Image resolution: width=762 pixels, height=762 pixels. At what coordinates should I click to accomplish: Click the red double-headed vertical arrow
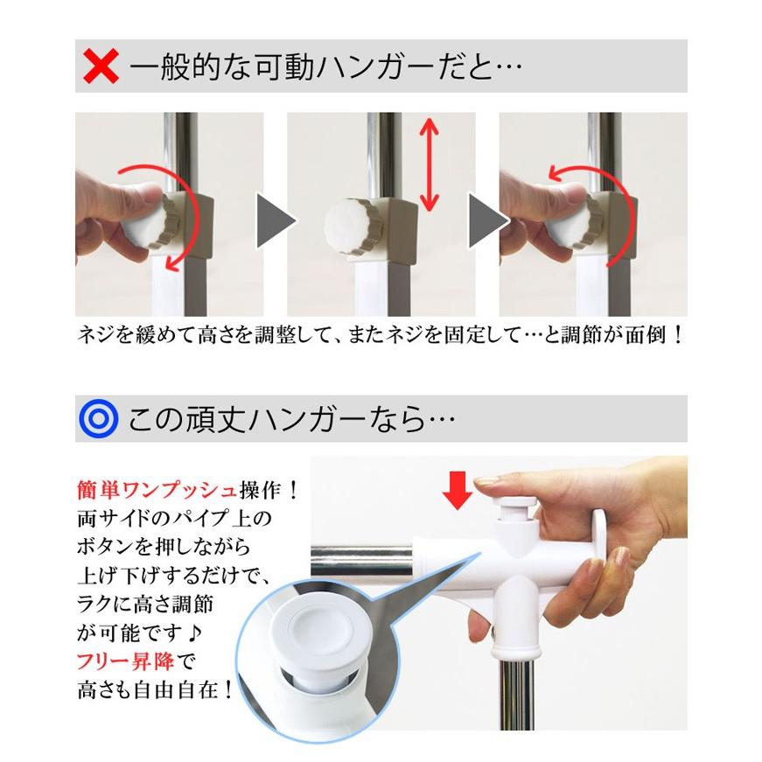[x=428, y=165]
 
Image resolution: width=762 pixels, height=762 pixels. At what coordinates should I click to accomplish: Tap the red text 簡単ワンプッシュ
[x=149, y=487]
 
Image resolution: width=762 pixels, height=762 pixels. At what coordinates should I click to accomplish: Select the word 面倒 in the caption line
[x=642, y=335]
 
